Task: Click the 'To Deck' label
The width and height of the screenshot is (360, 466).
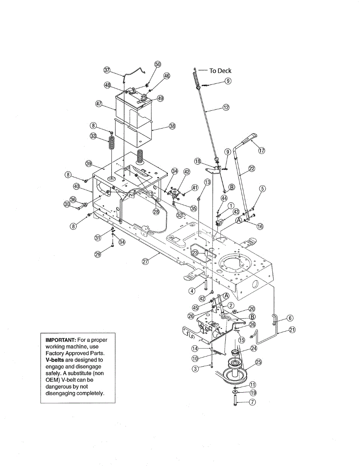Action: (x=220, y=71)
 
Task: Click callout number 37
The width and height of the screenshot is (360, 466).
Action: (x=107, y=70)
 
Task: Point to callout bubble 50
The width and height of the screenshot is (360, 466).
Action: (x=157, y=64)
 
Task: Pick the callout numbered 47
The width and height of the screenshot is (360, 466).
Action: (x=99, y=104)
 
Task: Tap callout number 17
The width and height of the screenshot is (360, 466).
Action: (x=261, y=151)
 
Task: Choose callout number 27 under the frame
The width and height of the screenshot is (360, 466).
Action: (x=145, y=262)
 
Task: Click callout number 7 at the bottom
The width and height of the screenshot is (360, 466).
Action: (x=253, y=402)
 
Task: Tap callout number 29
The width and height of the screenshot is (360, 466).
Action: (x=98, y=254)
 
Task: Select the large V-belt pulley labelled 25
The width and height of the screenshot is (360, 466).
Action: (x=233, y=371)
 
